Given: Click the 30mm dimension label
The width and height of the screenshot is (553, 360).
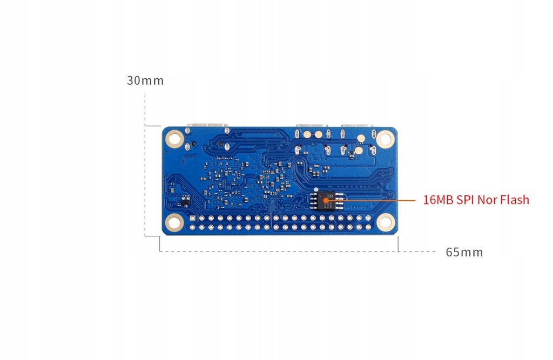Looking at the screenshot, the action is tap(145, 81).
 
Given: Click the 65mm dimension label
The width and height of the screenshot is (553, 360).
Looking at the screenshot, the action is tap(464, 252).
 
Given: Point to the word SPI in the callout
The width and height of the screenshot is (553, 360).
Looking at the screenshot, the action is tap(465, 200).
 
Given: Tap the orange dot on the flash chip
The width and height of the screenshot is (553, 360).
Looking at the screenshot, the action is tap(326, 201).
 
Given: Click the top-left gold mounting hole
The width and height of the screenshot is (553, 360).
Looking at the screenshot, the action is tap(174, 139).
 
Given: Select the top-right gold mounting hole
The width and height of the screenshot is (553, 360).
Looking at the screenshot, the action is tap(385, 139).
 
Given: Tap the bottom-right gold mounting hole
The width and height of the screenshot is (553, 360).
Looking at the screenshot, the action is tap(385, 221).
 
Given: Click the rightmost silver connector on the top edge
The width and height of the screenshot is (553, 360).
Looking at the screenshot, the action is tap(356, 127).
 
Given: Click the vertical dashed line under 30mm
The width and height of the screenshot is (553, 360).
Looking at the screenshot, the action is tap(145, 162).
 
